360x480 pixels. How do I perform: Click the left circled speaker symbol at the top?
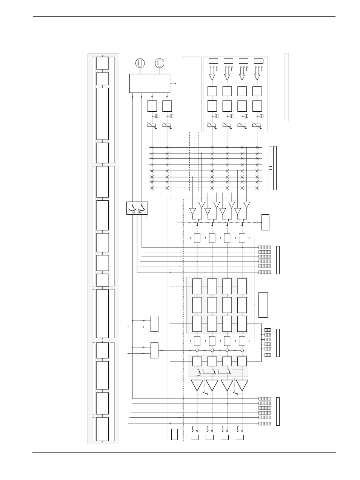(140, 63)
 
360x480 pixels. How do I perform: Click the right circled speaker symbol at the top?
(160, 63)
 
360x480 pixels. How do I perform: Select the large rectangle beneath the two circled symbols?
(149, 83)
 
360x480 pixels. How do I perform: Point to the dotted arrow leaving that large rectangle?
(173, 83)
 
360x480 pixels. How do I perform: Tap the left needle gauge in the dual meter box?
(132, 208)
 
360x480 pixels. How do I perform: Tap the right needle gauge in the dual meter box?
(142, 208)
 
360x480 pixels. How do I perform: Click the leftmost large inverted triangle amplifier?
(197, 385)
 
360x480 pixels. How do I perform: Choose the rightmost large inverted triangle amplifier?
(242, 385)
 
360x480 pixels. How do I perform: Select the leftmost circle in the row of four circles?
(197, 350)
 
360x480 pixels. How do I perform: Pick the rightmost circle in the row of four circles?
(242, 350)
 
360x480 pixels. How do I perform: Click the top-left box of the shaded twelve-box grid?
(197, 286)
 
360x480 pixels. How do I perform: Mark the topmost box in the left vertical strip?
(102, 63)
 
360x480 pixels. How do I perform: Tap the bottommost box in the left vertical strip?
(102, 429)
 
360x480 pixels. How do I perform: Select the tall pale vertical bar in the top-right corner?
(286, 87)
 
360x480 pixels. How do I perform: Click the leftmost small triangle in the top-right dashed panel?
(212, 77)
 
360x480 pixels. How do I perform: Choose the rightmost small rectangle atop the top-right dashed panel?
(258, 61)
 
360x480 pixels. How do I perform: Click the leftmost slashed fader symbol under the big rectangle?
(152, 125)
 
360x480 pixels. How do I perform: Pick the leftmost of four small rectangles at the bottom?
(195, 437)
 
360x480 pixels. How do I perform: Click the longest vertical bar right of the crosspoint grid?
(275, 168)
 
